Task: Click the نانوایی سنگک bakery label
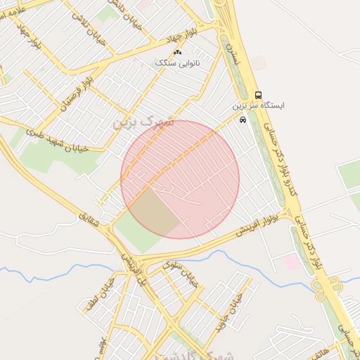click(177, 63)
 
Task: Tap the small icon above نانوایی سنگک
click(177, 53)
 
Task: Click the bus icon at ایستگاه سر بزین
click(259, 95)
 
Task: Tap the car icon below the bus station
click(243, 120)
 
